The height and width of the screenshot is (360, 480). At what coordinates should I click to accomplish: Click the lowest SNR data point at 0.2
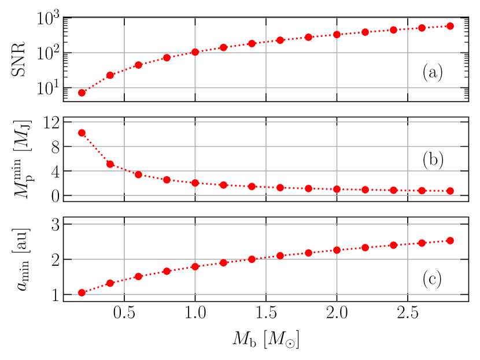click(82, 92)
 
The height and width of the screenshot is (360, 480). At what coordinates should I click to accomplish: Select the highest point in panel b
click(82, 133)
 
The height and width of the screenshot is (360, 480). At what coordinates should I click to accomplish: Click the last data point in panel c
click(451, 240)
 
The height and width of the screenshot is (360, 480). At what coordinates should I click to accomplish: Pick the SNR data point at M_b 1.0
click(195, 52)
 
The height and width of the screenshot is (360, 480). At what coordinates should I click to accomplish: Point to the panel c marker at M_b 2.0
click(337, 250)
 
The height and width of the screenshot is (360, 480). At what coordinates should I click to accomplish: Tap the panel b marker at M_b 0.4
click(110, 164)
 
